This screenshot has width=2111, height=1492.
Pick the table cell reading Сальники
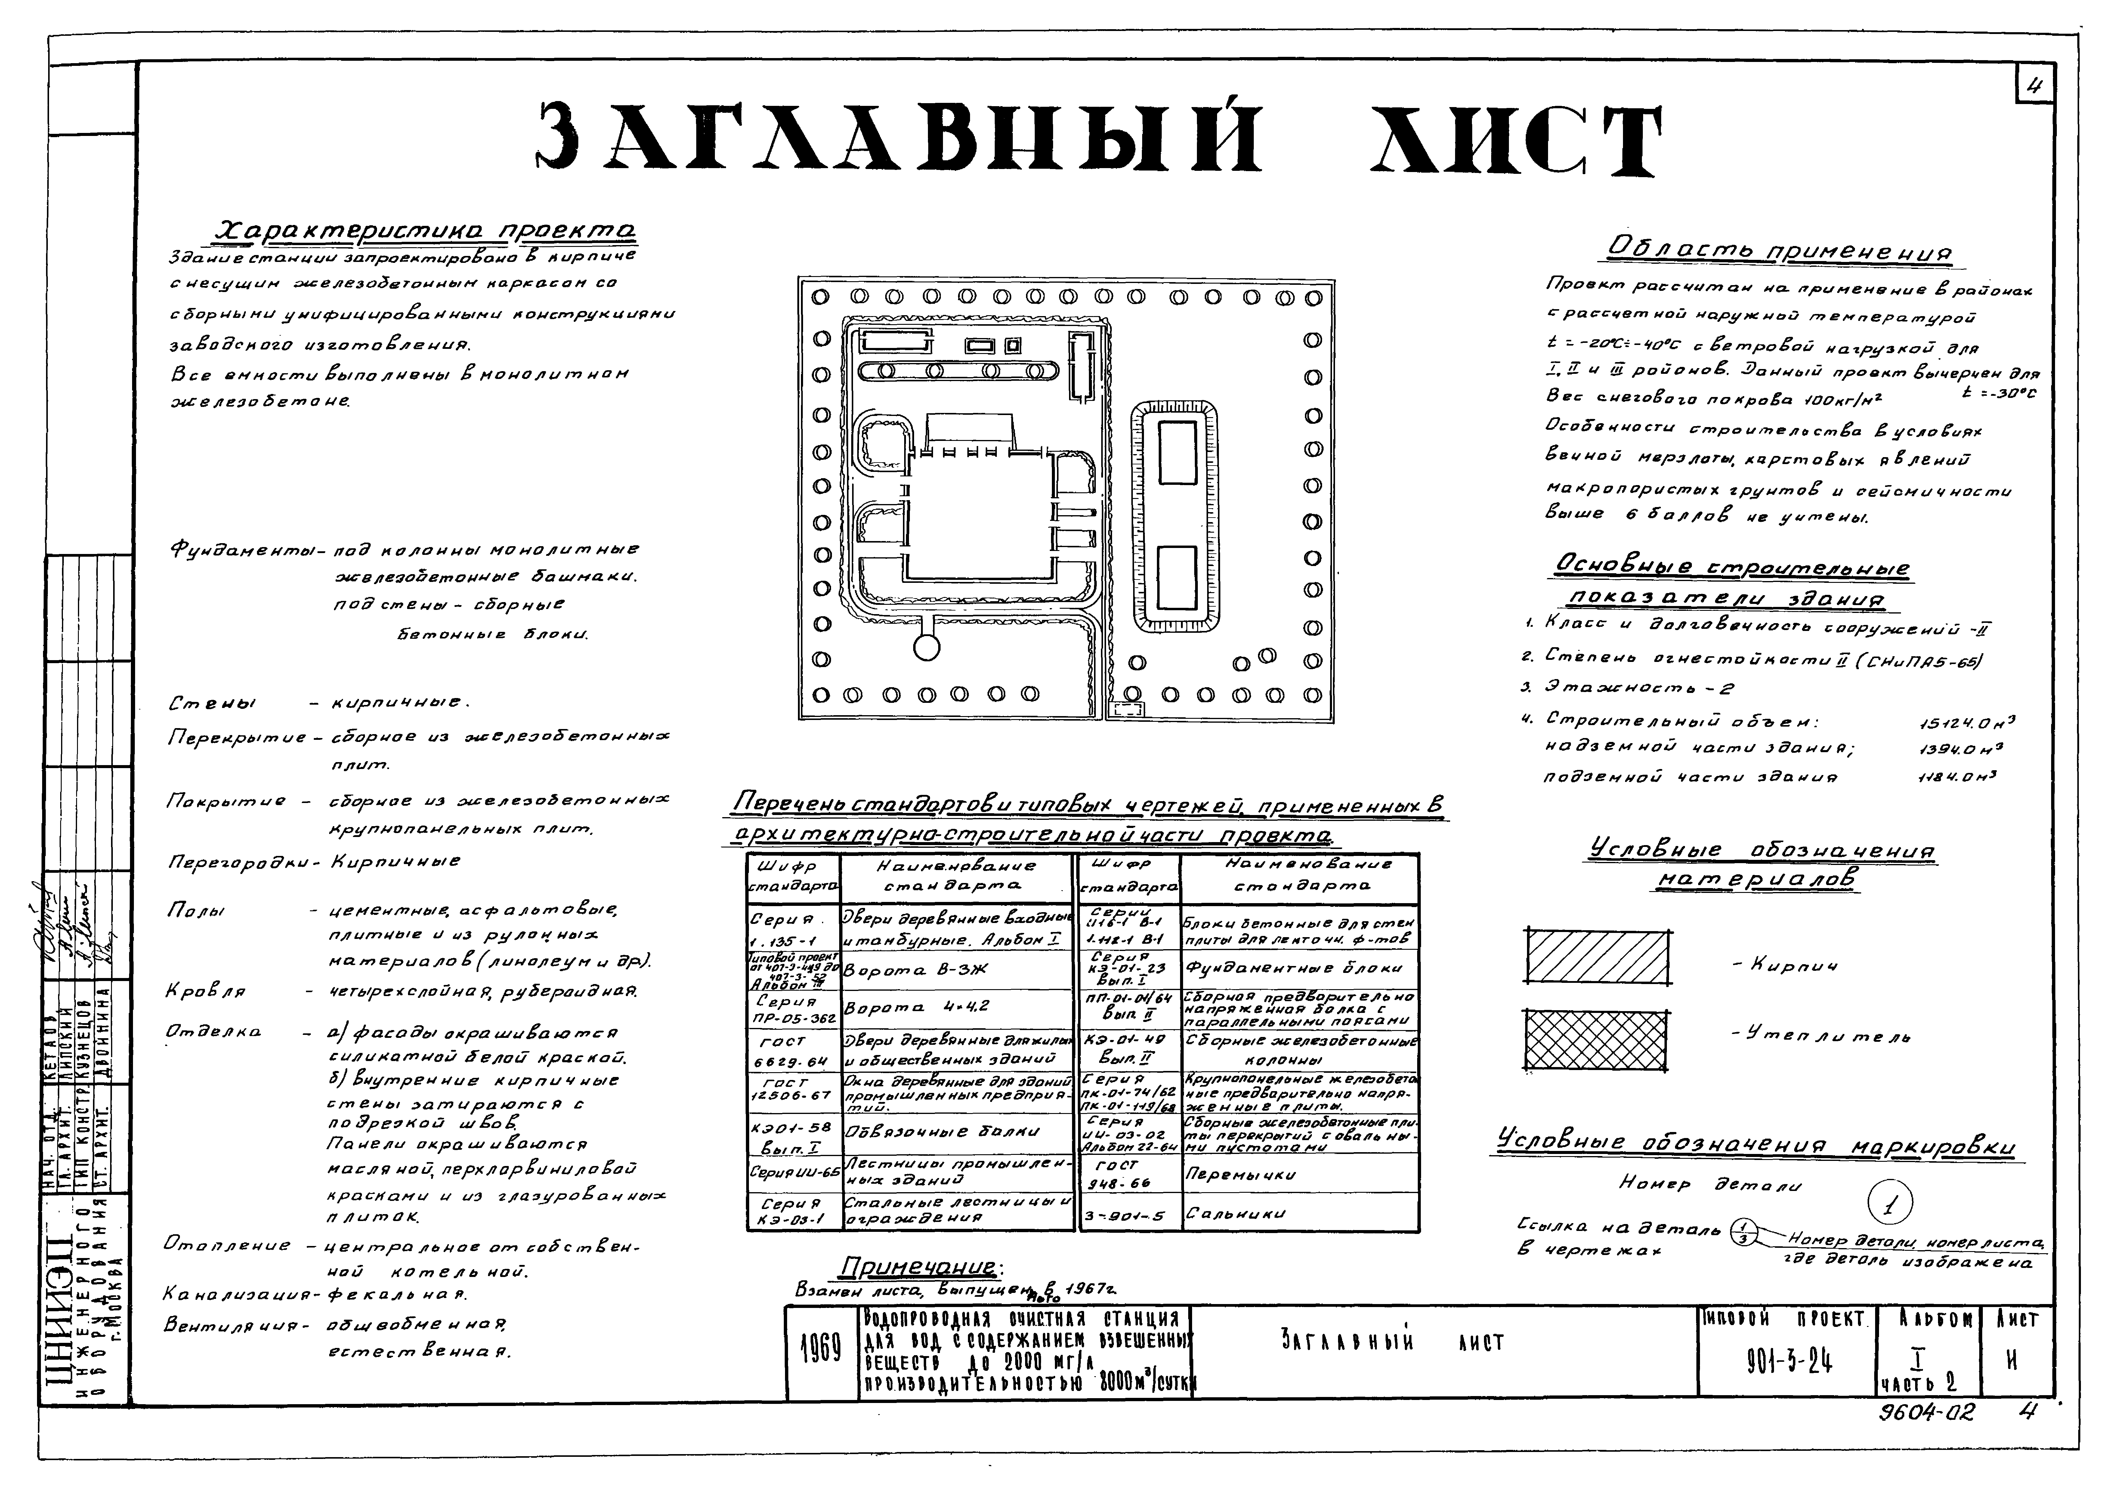[1223, 1214]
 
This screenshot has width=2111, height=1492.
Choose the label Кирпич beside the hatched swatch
[1785, 965]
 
